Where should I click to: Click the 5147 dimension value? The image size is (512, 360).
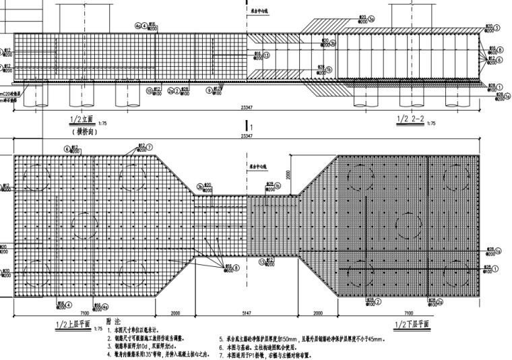click(x=248, y=313)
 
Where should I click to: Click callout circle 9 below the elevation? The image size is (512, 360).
click(x=210, y=90)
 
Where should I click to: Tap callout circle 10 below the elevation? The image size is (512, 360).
click(x=150, y=90)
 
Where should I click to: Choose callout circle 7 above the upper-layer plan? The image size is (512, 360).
click(x=150, y=146)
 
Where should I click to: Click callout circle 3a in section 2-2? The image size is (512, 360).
click(x=371, y=18)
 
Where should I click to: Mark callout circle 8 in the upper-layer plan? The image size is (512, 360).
click(x=236, y=267)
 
